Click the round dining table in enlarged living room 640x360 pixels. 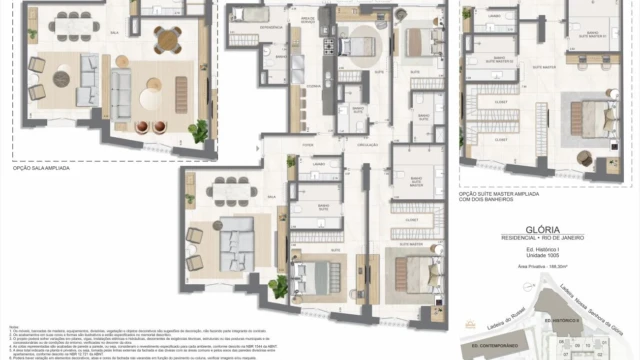coord(167,41)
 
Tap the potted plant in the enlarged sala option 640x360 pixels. coord(200,130)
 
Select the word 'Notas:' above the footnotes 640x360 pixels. coord(14,326)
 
